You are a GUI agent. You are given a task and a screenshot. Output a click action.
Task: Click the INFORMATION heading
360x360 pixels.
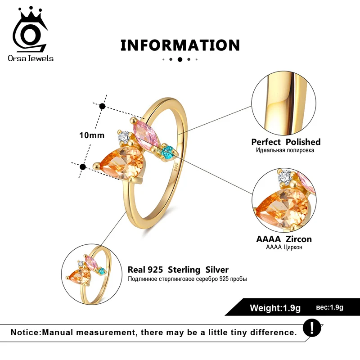tap(180, 45)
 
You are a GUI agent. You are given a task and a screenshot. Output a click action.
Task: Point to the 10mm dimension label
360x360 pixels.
tap(91, 135)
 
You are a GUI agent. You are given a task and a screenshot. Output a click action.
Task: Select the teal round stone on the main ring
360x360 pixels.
tap(167, 152)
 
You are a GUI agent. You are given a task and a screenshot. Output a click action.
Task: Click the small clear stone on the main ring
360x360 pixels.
tap(124, 135)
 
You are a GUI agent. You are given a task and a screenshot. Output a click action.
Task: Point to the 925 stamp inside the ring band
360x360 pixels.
tap(176, 167)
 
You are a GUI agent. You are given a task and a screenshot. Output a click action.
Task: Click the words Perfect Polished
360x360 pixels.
tap(286, 142)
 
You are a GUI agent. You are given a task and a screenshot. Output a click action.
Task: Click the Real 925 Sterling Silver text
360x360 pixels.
tap(178, 270)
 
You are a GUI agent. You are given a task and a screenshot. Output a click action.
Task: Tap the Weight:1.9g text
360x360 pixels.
tap(275, 308)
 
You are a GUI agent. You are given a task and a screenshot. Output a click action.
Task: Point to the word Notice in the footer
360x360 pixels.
tap(26, 333)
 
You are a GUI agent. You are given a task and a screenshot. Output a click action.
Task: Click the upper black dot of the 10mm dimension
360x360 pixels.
tap(102, 107)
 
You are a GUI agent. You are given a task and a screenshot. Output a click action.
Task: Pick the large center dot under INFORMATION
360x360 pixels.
tap(180, 59)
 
